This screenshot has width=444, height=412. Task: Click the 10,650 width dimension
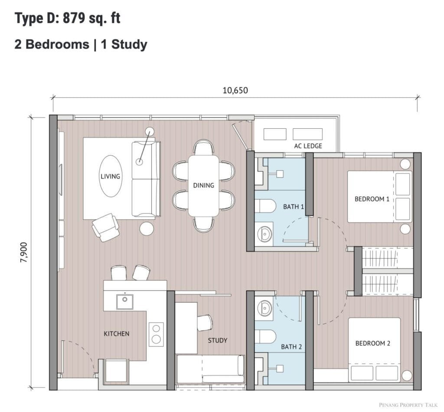235,91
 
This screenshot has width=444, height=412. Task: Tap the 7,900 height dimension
24,253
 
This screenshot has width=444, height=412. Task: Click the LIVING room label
111,176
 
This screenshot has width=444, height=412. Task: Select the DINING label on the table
203,185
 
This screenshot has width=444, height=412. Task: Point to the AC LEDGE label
308,146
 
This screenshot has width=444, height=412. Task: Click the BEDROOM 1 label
372,199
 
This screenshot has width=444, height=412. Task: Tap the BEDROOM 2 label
372,343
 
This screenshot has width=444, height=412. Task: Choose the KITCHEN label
116,334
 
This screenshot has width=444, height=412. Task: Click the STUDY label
218,341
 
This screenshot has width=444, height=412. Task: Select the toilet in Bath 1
265,206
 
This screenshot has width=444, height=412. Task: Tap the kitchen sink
125,302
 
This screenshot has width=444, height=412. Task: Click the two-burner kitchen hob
156,334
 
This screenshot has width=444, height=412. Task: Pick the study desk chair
205,323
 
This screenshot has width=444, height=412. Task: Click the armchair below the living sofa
105,227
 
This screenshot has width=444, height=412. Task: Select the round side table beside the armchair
147,228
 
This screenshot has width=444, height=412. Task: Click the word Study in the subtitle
129,45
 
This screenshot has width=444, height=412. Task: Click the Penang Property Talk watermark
408,405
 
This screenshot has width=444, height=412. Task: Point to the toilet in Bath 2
265,337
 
